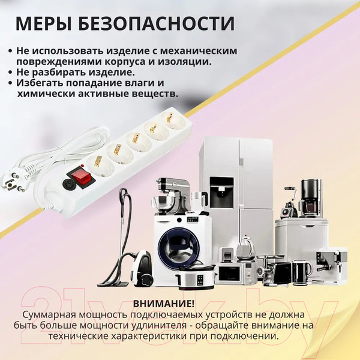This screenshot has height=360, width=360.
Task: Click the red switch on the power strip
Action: coord(79,176)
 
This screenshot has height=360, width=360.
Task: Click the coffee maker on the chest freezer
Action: coord(310,198)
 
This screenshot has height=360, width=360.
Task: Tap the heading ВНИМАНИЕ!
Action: coord(164,304)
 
